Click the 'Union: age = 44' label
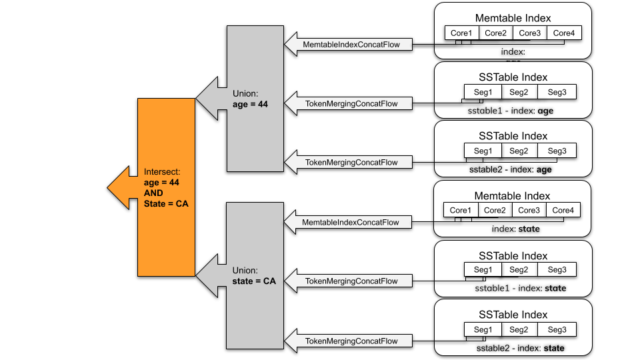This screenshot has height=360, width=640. point(250,99)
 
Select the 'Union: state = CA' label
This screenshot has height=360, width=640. point(253,276)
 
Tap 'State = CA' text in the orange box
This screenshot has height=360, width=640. point(166,203)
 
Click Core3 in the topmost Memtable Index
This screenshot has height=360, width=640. point(529,33)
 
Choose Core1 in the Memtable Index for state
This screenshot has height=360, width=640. point(460,211)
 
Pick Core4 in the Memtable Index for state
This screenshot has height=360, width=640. point(563,211)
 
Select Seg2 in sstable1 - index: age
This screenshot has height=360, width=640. point(519,92)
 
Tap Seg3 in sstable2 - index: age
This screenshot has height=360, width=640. point(557,151)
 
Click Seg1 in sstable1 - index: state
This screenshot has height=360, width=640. point(483,270)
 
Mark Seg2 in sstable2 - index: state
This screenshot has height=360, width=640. point(519,329)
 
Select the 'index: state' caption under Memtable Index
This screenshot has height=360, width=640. point(515,229)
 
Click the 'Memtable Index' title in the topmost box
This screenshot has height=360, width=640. point(513,17)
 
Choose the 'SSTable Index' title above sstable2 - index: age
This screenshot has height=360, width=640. point(513,136)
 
